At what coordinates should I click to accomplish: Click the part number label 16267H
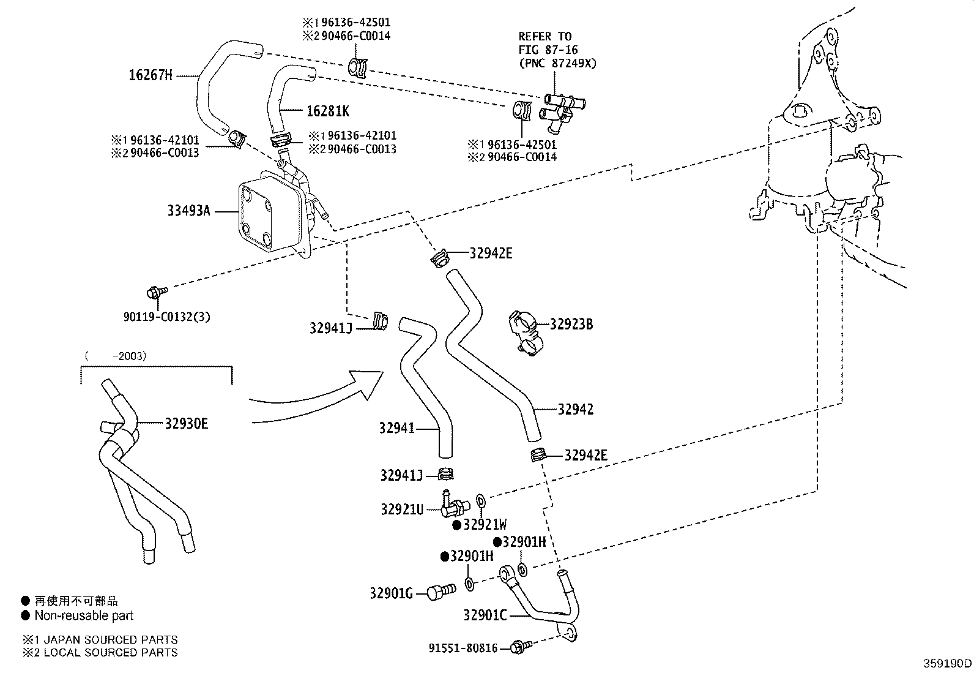(150, 75)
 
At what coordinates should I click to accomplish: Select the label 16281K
(328, 111)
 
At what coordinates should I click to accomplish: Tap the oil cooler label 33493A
(188, 211)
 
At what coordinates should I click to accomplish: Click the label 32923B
(571, 324)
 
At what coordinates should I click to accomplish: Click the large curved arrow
(318, 398)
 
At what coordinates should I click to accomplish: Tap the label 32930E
(186, 424)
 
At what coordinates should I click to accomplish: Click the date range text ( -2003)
(116, 356)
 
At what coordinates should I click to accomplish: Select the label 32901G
(392, 593)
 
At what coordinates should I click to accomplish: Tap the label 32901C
(485, 615)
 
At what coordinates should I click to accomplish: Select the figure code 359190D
(948, 663)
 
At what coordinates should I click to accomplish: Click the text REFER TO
(545, 36)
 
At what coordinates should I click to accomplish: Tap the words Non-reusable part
(84, 615)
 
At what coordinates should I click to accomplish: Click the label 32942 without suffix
(575, 409)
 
